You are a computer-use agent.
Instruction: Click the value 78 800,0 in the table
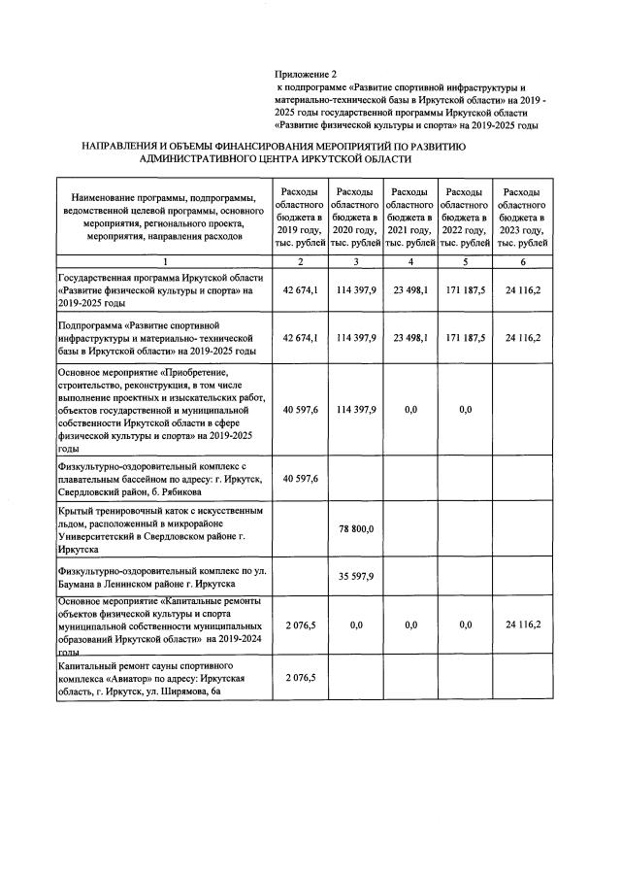pos(357,527)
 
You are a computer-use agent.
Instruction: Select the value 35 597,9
pos(357,575)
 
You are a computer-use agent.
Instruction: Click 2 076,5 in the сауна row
pos(301,677)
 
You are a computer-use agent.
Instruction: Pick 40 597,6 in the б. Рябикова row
pos(301,479)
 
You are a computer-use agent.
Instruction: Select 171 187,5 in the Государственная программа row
pos(466,290)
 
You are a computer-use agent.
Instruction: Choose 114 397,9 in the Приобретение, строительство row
pos(357,409)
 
